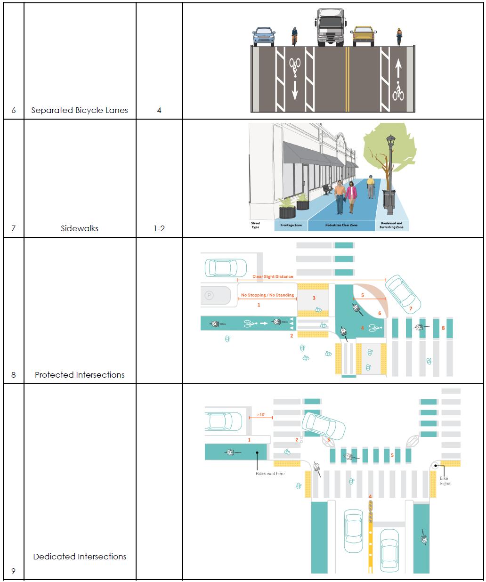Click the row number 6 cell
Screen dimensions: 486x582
(14, 110)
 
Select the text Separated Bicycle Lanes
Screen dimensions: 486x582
(80, 110)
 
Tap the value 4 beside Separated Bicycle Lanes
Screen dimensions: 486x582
(159, 110)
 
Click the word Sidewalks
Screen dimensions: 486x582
(80, 228)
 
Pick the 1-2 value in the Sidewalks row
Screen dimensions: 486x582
(159, 228)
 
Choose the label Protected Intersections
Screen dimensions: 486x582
(80, 375)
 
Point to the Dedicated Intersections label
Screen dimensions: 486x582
(80, 556)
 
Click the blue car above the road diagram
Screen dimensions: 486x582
(264, 36)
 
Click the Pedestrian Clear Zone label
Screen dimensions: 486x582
(341, 226)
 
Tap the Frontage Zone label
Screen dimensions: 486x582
(291, 226)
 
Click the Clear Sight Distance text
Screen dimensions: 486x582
(273, 276)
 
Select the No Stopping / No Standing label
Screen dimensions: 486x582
(267, 295)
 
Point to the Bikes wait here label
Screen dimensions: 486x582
(270, 474)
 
